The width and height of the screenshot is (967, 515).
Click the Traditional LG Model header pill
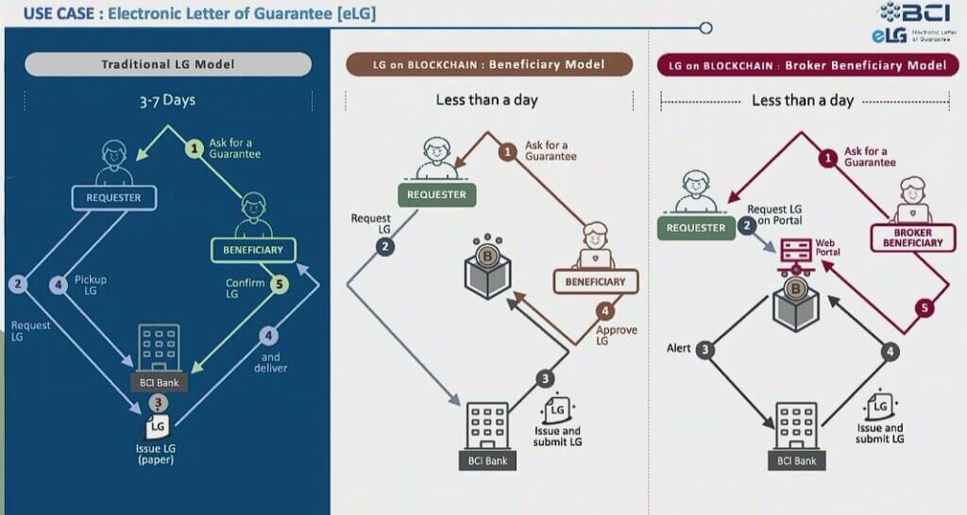tap(167, 64)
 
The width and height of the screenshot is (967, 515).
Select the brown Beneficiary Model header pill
tap(488, 64)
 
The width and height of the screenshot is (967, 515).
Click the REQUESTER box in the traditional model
tap(113, 198)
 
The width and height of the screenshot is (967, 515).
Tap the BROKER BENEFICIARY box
tap(912, 237)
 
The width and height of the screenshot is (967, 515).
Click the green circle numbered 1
tap(195, 148)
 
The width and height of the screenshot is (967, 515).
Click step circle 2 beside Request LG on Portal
tap(746, 225)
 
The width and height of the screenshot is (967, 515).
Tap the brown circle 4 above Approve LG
tap(604, 309)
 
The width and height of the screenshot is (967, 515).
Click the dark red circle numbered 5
tap(925, 307)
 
